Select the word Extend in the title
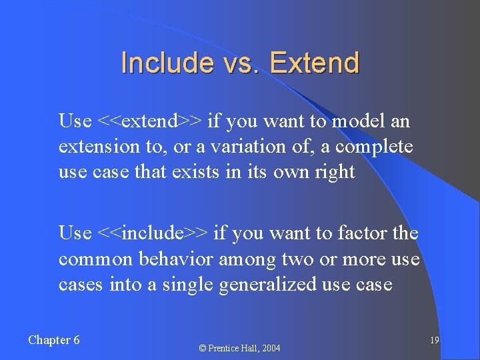[x=315, y=63]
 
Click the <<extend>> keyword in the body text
[x=150, y=121]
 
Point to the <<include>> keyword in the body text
[x=153, y=233]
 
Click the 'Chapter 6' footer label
[x=54, y=340]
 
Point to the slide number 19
[x=433, y=341]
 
